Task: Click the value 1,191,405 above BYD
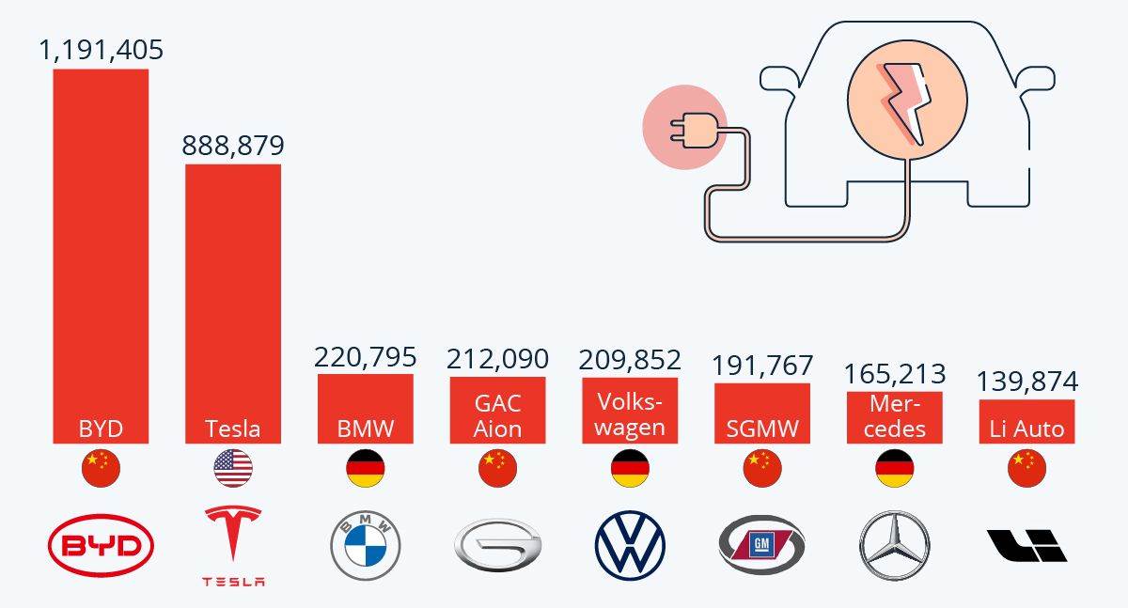point(101,49)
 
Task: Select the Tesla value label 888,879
point(232,145)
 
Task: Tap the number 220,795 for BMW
point(365,357)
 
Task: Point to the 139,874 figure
point(1026,382)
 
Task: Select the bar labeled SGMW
point(762,413)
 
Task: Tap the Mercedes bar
point(894,417)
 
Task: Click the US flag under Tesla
point(233,468)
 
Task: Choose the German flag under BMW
point(366,468)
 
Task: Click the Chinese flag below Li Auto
point(1026,468)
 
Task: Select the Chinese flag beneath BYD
point(101,468)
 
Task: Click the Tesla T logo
point(233,538)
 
